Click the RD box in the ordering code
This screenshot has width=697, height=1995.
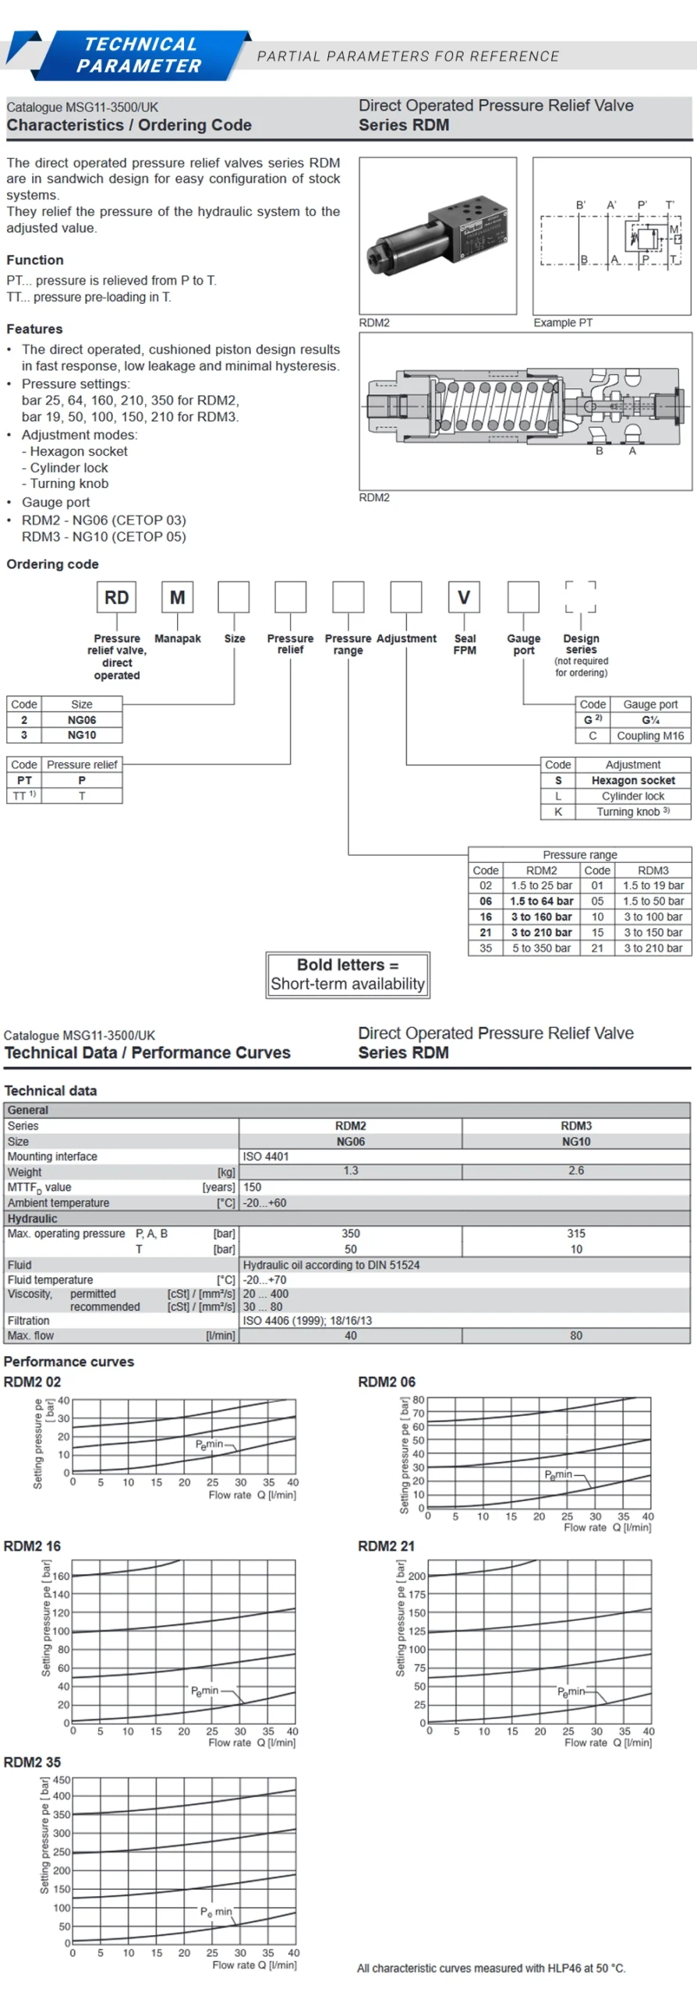click(x=117, y=597)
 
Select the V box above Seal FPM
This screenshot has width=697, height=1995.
click(x=464, y=597)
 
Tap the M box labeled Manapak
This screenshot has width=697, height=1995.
click(x=177, y=597)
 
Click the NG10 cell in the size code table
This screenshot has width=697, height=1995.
click(x=81, y=735)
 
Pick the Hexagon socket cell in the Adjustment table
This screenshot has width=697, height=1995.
click(x=633, y=780)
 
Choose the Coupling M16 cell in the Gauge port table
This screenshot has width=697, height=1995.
click(x=650, y=736)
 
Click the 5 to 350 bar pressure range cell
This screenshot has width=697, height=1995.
click(x=541, y=948)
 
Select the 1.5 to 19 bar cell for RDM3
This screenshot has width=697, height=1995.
click(x=653, y=885)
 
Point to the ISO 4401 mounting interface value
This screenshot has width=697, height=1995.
click(x=265, y=1156)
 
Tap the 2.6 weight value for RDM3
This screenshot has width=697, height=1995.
click(x=576, y=1171)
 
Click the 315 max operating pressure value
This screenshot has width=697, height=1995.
click(x=576, y=1234)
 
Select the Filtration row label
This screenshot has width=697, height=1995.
click(x=28, y=1321)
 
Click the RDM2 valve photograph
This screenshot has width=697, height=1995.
click(x=437, y=235)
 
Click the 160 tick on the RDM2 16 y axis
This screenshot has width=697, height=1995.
click(x=61, y=1576)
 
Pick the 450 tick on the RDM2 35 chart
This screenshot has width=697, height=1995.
click(x=62, y=1780)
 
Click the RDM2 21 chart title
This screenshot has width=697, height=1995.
click(x=386, y=1545)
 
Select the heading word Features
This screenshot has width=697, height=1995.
click(x=34, y=329)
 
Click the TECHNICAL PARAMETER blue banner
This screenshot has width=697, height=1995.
click(x=140, y=55)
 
